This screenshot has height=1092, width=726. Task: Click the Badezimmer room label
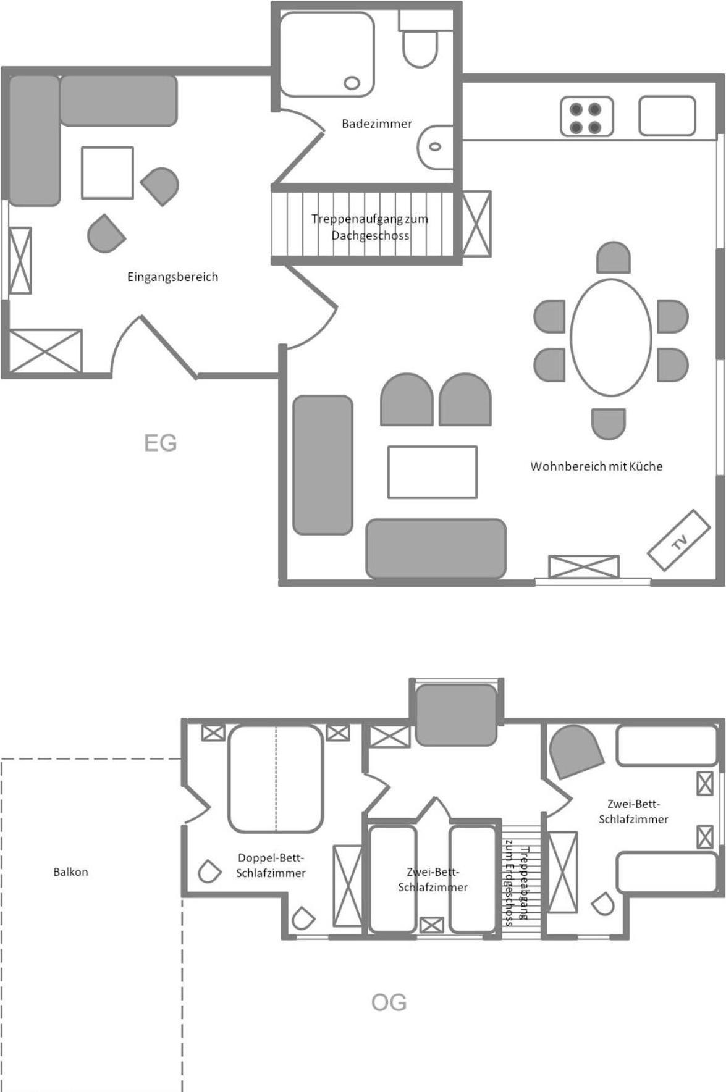click(x=377, y=124)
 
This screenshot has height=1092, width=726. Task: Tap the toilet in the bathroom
click(x=420, y=40)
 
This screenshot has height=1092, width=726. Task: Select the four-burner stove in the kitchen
click(x=586, y=116)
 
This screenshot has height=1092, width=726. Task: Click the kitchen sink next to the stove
click(x=667, y=115)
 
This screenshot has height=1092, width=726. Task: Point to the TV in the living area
click(x=679, y=540)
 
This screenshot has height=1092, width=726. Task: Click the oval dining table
click(x=610, y=337)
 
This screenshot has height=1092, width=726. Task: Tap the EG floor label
click(x=160, y=443)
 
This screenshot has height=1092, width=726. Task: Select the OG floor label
click(x=389, y=1002)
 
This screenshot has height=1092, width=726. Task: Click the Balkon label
click(x=70, y=871)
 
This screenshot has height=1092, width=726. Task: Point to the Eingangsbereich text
click(x=172, y=277)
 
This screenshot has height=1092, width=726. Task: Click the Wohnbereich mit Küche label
click(x=596, y=466)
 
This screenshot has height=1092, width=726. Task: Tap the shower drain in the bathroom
click(x=352, y=83)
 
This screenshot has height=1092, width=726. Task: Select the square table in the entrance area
click(x=108, y=172)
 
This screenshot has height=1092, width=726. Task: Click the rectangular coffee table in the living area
click(x=433, y=472)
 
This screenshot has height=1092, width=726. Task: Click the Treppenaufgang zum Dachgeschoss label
click(x=369, y=227)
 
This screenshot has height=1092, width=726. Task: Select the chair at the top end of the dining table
click(x=613, y=257)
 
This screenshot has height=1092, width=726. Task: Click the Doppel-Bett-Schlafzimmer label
click(x=271, y=865)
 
